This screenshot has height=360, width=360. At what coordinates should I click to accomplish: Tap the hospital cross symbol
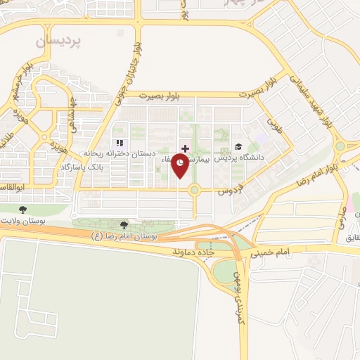click(x=185, y=148)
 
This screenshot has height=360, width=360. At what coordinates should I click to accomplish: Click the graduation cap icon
click(x=239, y=147)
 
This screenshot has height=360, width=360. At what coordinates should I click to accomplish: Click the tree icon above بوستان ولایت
click(x=22, y=209)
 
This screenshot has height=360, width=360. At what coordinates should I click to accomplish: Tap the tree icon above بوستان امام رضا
click(x=124, y=225)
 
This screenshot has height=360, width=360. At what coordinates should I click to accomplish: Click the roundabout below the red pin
click(x=194, y=189)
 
